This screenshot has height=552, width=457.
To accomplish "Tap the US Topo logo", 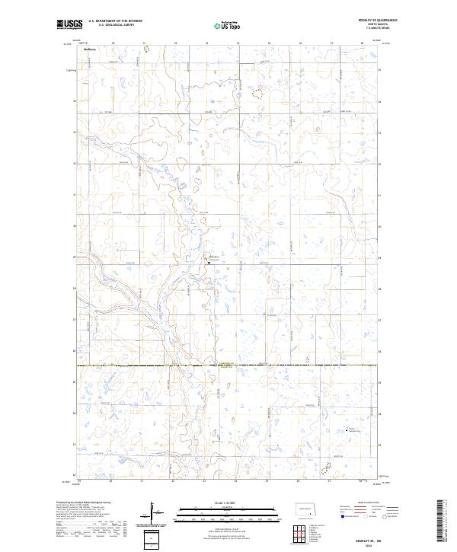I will pos(228,24).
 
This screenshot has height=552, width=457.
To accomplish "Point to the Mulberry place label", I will pos(80,51).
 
